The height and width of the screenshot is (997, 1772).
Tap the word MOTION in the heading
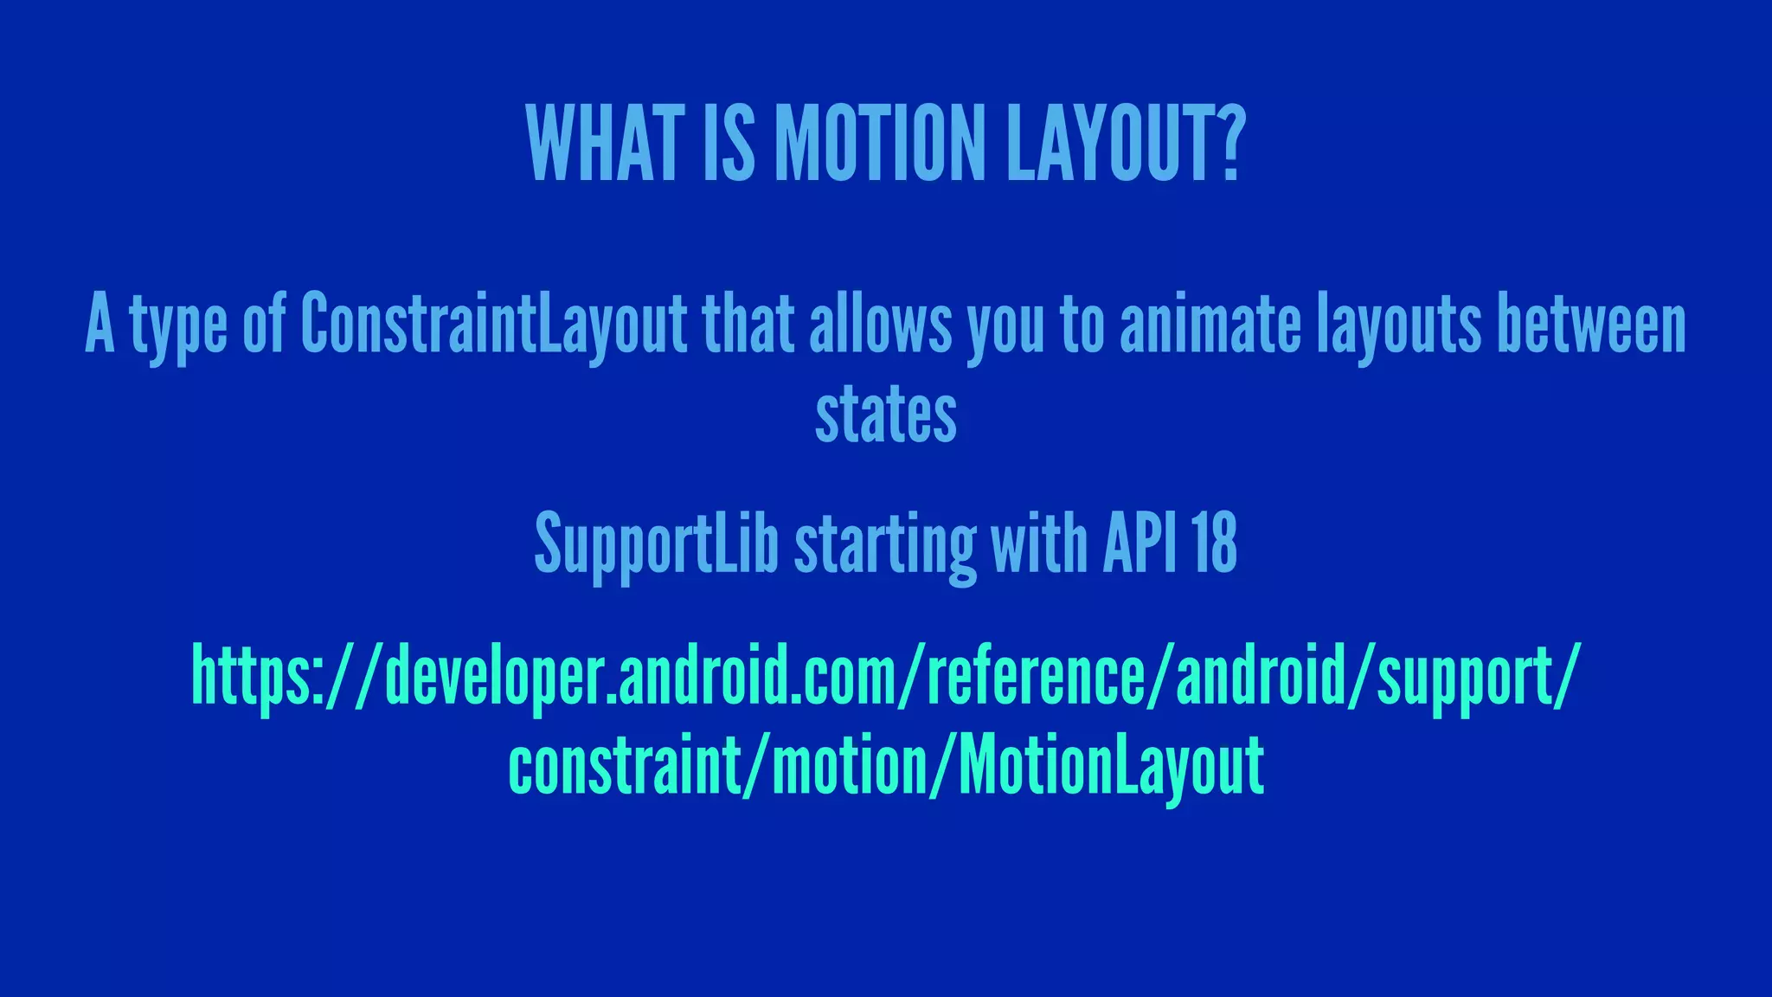tap(879, 144)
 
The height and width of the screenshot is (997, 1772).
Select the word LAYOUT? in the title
tap(1125, 144)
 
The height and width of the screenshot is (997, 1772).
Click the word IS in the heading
tap(729, 144)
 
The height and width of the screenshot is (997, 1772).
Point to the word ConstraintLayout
tap(493, 325)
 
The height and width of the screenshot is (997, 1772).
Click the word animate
tap(1210, 325)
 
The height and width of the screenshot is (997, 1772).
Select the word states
tap(885, 415)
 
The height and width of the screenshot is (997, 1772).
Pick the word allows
tap(880, 325)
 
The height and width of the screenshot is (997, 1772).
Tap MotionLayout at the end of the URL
tap(1111, 766)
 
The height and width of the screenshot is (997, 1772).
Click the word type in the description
tap(178, 327)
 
